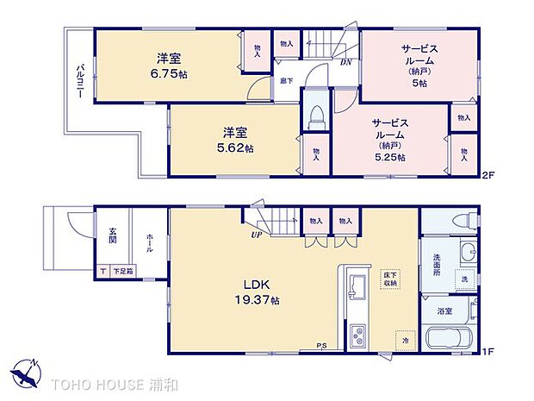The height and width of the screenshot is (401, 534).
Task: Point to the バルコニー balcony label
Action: pos(78,83)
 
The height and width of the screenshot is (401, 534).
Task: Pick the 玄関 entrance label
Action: pos(113,236)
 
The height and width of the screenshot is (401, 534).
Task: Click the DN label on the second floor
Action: pos(345,63)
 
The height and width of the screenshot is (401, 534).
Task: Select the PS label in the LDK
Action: pos(321,347)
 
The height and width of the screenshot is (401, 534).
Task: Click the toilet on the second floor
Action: pos(315,116)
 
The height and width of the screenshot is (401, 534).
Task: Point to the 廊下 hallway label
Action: pos(284,81)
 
